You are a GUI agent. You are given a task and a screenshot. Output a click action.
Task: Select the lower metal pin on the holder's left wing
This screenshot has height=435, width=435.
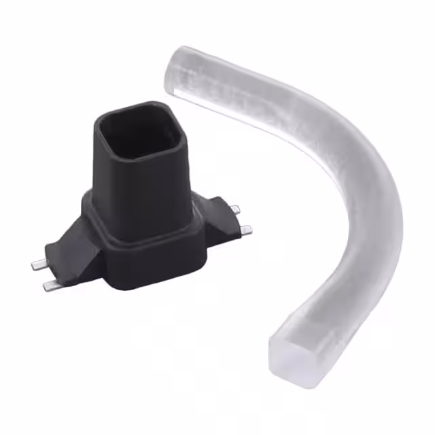pyautogui.click(x=49, y=286)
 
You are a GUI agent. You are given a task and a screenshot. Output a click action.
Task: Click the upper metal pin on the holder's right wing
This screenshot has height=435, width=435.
pyautogui.click(x=233, y=209)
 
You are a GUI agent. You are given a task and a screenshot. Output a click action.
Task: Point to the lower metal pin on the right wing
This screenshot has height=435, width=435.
pyautogui.click(x=245, y=230)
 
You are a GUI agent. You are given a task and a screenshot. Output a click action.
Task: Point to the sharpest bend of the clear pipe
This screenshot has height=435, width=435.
pyautogui.click(x=353, y=163)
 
